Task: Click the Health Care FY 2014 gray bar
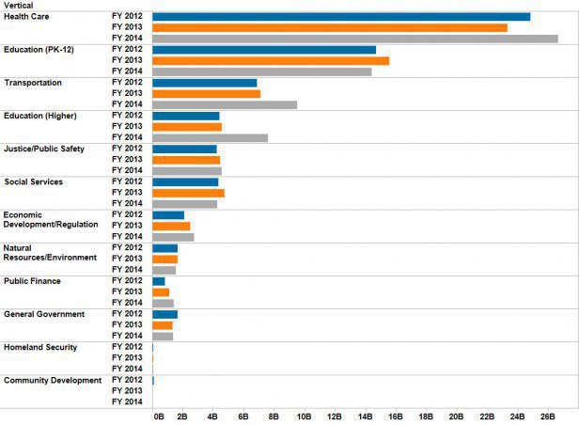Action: click(354, 39)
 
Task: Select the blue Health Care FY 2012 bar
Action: click(340, 17)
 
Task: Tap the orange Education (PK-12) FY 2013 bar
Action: click(270, 61)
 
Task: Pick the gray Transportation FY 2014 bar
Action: click(224, 104)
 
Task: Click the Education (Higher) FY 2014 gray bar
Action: click(210, 137)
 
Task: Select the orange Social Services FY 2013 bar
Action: click(188, 193)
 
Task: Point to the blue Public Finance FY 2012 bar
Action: click(158, 281)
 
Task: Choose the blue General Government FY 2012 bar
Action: click(164, 314)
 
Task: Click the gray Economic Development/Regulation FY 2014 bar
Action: click(173, 237)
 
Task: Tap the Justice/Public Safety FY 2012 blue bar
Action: click(184, 149)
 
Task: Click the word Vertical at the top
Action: click(21, 6)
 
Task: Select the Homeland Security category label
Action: click(40, 347)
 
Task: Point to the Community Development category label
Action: click(52, 380)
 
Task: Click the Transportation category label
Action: click(33, 83)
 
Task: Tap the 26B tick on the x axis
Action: click(548, 415)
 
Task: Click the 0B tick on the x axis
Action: click(158, 415)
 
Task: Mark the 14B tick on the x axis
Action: click(366, 415)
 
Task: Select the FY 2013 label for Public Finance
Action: click(126, 291)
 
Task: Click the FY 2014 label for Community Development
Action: click(126, 401)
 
